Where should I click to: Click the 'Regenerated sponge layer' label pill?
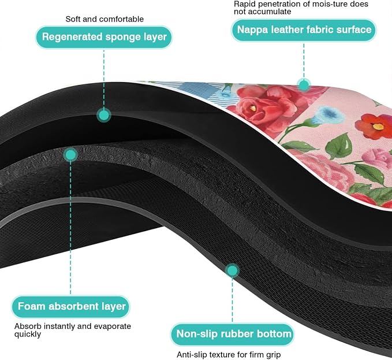[104, 37]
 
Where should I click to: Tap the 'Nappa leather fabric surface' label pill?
[304, 30]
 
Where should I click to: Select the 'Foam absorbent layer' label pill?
[71, 306]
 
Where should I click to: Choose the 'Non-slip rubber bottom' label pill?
[233, 334]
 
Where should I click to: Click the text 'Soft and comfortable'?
[104, 19]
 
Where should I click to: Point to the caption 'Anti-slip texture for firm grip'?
[229, 354]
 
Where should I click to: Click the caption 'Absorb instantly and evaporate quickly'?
[73, 330]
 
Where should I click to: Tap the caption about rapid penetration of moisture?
[301, 8]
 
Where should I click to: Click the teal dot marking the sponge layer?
[104, 115]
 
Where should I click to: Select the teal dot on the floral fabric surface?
[304, 85]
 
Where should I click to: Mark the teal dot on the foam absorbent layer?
[70, 155]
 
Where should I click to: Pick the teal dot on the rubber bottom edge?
[232, 270]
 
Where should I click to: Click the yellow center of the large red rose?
[253, 108]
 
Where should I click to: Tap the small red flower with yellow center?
[374, 127]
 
